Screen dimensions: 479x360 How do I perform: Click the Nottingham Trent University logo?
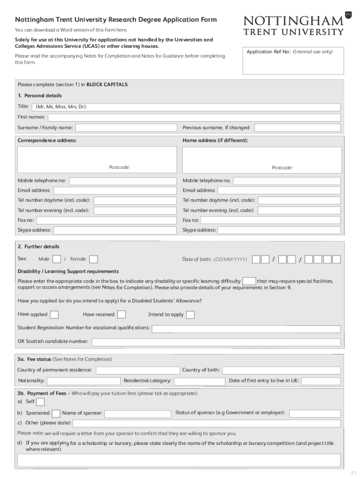293,25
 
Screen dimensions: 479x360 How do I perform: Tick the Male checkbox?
57,259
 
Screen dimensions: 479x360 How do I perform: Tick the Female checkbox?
94,259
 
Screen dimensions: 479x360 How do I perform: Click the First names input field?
194,117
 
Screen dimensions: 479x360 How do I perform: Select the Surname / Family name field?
126,128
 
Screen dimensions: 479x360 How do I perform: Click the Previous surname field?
297,128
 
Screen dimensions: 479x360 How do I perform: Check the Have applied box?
54,314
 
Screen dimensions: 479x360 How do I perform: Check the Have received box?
122,314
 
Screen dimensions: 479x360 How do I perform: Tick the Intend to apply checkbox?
190,315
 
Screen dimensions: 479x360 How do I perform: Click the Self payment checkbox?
41,402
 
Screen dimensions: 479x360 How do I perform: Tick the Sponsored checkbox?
56,414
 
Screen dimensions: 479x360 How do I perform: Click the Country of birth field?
281,370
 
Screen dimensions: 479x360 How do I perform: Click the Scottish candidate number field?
216,342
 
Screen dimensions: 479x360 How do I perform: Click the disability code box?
249,281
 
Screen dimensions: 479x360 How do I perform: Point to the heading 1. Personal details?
40,96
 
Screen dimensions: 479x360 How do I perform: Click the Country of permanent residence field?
137,370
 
